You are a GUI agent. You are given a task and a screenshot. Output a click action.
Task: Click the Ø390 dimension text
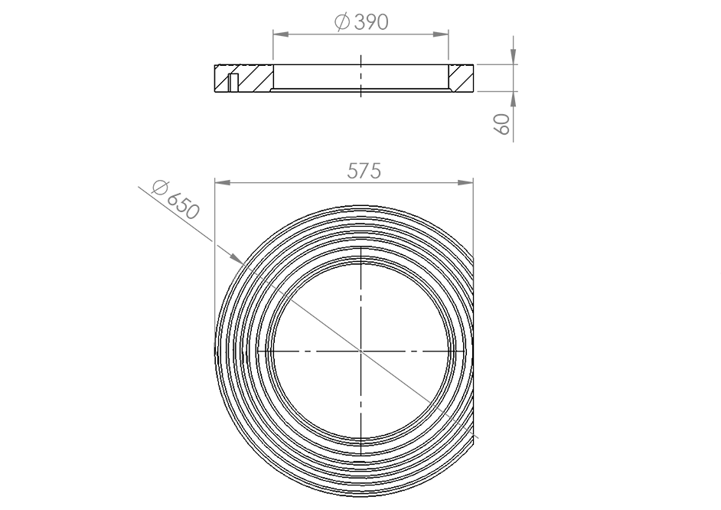362,22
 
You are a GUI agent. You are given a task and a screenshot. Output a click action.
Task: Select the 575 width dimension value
364,172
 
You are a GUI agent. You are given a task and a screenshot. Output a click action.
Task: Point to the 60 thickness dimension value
503,124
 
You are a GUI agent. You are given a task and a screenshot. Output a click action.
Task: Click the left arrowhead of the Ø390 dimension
279,34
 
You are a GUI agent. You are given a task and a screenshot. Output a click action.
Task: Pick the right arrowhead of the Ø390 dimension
442,34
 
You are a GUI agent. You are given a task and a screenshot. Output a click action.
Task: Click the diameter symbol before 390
343,23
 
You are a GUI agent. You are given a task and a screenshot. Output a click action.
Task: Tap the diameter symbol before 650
160,186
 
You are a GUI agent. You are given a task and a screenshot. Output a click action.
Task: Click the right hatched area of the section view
461,78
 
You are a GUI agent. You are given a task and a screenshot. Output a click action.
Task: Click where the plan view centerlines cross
360,351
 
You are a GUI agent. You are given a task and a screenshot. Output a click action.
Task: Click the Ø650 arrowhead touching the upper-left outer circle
238,259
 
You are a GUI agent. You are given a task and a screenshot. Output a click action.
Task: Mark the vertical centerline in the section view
360,77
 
